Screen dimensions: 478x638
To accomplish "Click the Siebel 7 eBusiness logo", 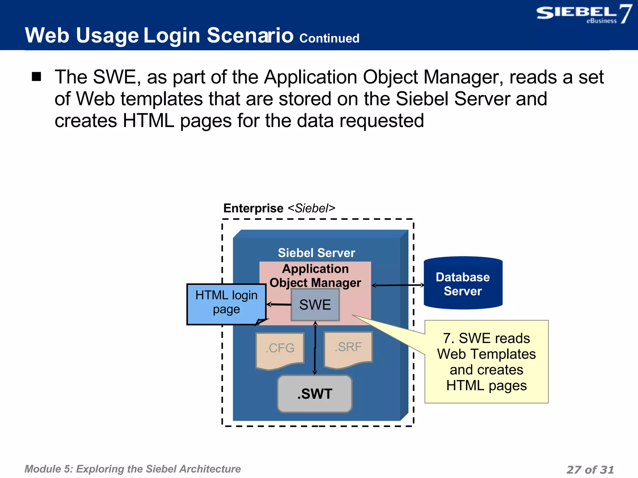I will (x=583, y=14).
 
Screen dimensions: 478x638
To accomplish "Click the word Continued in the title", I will (x=329, y=38).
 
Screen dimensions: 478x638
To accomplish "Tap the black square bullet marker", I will (x=36, y=77).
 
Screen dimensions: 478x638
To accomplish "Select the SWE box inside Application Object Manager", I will (x=315, y=305).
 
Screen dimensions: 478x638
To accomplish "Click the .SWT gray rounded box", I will (x=315, y=394).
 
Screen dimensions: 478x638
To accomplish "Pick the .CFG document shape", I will (x=280, y=349).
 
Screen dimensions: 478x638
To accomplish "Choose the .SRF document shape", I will (x=348, y=348).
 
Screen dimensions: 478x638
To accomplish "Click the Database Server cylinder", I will (x=463, y=284).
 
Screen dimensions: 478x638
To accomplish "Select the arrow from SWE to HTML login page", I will (x=279, y=304).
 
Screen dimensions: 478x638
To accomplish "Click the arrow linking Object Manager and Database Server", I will (x=398, y=285).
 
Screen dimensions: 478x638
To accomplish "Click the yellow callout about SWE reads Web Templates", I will (x=486, y=362).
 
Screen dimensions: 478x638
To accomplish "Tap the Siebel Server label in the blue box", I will (x=316, y=253).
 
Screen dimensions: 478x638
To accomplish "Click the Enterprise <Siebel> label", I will (x=279, y=208).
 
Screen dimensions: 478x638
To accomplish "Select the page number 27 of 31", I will (x=590, y=469).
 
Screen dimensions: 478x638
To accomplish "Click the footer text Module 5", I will (x=132, y=469).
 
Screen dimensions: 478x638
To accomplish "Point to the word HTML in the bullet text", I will (x=148, y=121).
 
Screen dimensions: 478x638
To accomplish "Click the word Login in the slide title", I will (x=172, y=35).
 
